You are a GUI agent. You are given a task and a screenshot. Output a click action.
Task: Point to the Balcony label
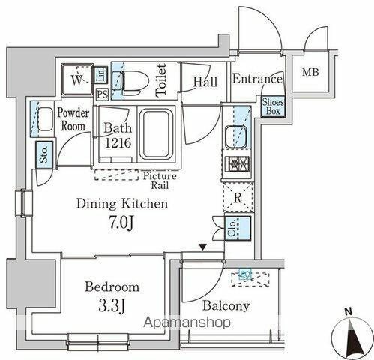226,306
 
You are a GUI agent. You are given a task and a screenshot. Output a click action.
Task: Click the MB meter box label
310,73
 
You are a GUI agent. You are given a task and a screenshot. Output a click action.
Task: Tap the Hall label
205,82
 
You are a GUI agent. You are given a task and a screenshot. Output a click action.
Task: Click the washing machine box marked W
76,79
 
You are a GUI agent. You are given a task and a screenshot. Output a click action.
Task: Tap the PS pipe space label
102,94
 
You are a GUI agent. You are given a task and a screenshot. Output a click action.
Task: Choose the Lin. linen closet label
102,75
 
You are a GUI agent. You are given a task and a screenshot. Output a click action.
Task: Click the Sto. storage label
44,154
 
